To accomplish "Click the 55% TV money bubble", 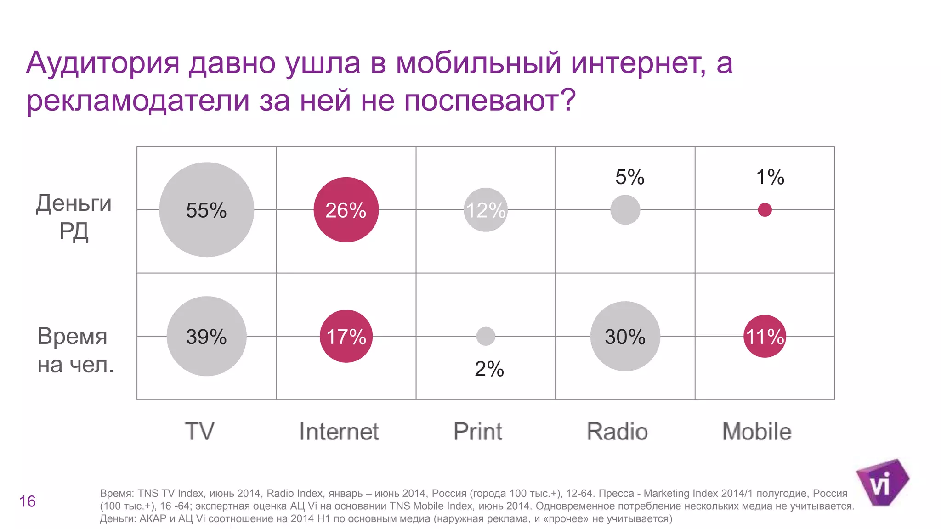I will tap(206, 210).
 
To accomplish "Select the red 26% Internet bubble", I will tap(346, 210).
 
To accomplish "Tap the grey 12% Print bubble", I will tap(485, 210).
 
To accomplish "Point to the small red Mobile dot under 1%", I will tap(765, 210).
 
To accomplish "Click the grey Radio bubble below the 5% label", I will tap(625, 210).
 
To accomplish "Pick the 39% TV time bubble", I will tap(206, 336).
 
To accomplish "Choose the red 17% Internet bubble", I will tap(346, 336).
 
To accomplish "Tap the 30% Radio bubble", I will tap(625, 336).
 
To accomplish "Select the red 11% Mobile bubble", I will tap(765, 336).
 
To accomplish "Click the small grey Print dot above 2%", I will tap(486, 336).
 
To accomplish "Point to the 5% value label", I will tap(629, 177).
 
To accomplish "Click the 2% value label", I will tap(489, 369).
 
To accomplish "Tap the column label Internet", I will tap(339, 432).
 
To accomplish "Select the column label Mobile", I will tap(756, 432).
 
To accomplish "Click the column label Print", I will tap(478, 432).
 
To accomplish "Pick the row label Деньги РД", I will tap(74, 217).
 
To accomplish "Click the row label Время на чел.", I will tap(75, 350).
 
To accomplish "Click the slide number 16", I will tap(28, 501).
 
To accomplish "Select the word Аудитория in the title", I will tap(102, 63).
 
